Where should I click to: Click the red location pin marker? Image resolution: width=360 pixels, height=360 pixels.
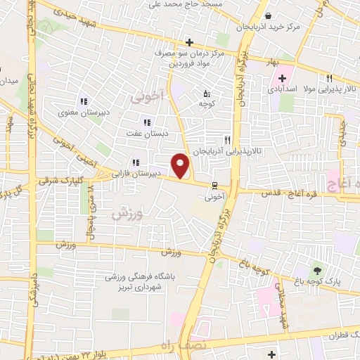(181, 167)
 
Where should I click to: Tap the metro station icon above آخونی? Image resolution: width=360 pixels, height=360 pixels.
(214, 186)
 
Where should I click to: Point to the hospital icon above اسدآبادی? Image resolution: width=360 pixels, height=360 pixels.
(282, 78)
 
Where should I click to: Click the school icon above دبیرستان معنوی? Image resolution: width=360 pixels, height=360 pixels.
(84, 102)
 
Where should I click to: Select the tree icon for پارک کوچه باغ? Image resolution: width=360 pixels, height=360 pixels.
(317, 269)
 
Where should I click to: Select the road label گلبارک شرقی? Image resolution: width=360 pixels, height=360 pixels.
(63, 181)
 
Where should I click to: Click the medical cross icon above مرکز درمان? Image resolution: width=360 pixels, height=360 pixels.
(189, 42)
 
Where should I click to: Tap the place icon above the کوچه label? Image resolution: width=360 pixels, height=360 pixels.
(206, 93)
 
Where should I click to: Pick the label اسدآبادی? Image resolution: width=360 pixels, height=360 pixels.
(283, 89)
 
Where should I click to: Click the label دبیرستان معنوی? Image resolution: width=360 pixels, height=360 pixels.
(84, 113)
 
